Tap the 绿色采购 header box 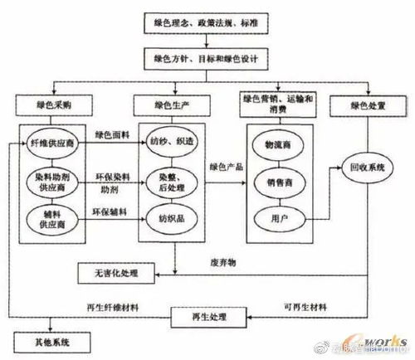(49, 106)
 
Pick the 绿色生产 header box (174, 106)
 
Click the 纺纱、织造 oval (174, 142)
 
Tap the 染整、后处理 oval (174, 182)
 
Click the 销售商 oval (283, 182)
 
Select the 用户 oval (283, 220)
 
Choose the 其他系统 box (41, 342)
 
